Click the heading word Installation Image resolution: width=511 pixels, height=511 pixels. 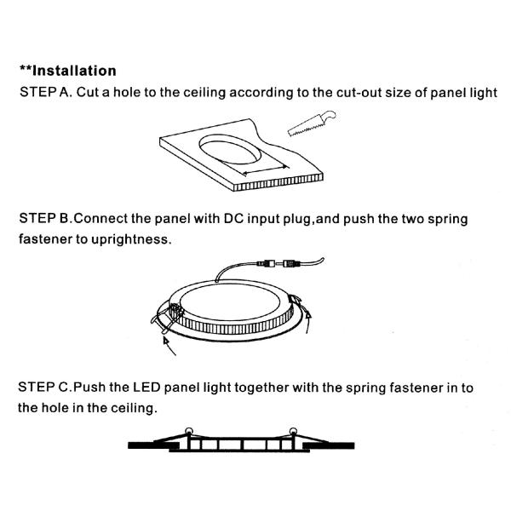click(74, 71)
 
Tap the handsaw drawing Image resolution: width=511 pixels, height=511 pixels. click(312, 123)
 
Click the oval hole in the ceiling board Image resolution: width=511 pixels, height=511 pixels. click(230, 149)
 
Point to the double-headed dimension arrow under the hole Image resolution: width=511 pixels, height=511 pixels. click(266, 170)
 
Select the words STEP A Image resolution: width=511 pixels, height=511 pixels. click(46, 92)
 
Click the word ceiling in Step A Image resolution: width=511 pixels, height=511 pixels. click(204, 93)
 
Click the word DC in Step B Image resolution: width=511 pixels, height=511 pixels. click(233, 218)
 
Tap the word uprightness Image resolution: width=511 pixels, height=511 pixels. click(131, 239)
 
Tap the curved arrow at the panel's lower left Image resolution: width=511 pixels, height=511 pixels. click(169, 346)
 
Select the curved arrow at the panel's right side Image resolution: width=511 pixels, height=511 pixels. click(307, 321)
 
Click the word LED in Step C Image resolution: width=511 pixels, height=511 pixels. click(146, 388)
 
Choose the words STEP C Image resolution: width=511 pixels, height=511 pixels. click(44, 388)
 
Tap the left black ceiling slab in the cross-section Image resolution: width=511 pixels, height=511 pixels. click(153, 445)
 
